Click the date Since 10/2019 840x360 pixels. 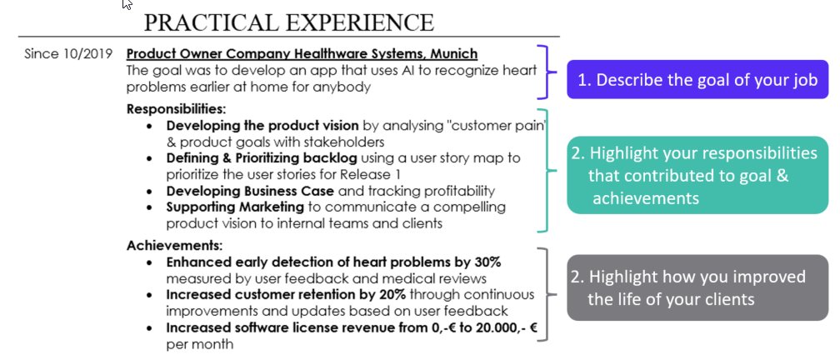63,54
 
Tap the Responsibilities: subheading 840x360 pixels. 177,108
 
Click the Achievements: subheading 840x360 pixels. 174,246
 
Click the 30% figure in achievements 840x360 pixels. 483,262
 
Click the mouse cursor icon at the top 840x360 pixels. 127,5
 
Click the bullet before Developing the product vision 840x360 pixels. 148,126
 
